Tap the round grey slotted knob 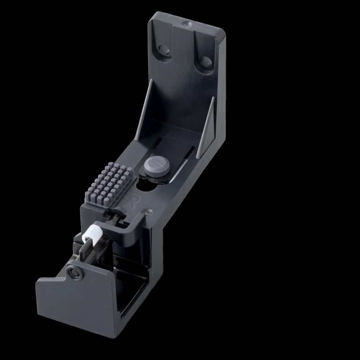157,166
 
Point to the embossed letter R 135,201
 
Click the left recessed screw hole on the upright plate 163,50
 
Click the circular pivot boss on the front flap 74,273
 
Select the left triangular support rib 144,110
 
